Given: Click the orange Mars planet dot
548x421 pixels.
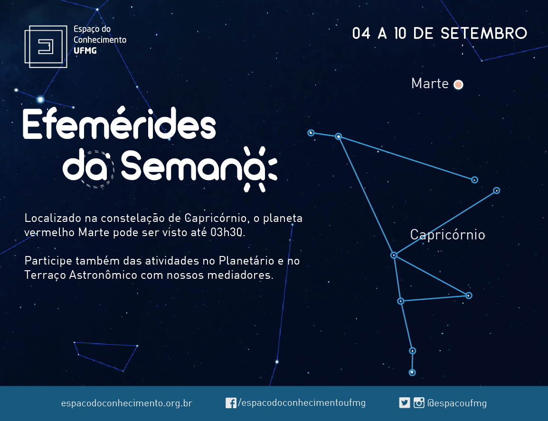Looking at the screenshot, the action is [458, 84].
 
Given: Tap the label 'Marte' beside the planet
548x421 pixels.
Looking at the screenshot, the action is [430, 84].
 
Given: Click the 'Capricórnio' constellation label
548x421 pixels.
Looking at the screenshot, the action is [447, 235].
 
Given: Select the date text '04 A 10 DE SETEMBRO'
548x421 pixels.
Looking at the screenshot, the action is [439, 34].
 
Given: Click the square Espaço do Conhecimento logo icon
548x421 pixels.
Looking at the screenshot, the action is [46, 46].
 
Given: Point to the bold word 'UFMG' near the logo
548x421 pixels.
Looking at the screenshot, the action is [85, 51].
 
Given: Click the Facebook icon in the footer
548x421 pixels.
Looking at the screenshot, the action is [231, 403].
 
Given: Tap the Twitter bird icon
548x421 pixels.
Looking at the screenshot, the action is [405, 403].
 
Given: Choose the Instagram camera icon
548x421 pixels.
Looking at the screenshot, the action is [419, 403].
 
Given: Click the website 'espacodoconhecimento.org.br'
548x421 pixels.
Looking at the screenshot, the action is [126, 403].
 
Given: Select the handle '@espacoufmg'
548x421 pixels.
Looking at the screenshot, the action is [457, 403].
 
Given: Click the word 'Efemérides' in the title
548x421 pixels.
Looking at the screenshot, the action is [120, 123].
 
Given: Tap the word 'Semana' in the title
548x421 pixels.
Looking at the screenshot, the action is [198, 167].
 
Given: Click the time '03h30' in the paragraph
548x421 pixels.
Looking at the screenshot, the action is [227, 232].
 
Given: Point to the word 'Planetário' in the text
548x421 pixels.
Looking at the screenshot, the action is [246, 261].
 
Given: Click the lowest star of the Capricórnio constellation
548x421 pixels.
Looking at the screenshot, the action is [412, 373].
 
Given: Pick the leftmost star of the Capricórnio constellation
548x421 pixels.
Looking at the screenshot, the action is [311, 133].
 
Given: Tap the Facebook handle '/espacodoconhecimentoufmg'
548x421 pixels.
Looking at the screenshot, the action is [302, 403].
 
